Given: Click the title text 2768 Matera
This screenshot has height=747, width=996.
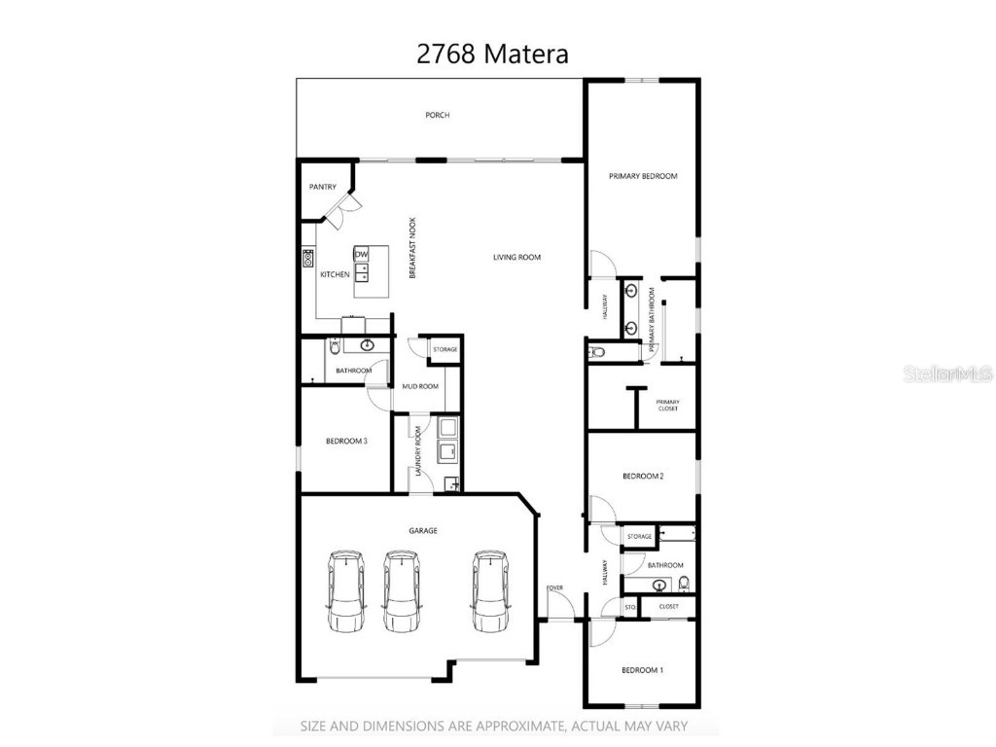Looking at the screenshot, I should [x=492, y=53].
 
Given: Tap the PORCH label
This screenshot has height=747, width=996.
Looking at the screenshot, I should [x=437, y=115].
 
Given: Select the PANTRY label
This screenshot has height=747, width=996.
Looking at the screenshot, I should [x=322, y=187].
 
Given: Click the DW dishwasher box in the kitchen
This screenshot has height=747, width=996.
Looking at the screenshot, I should [x=361, y=255].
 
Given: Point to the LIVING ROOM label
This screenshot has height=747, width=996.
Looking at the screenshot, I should [x=516, y=258].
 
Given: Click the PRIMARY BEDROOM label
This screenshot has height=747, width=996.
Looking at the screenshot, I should [x=642, y=176].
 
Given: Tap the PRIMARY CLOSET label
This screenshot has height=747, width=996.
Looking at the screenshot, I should [x=667, y=405].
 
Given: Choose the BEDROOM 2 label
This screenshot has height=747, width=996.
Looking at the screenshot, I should [x=643, y=476].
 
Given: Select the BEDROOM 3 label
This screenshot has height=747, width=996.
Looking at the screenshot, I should [x=345, y=441].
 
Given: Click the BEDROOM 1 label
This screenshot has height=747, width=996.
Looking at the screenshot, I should [x=642, y=670].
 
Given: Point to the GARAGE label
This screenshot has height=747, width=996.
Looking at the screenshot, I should [x=422, y=531].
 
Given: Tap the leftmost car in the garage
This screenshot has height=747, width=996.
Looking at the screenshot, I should [x=345, y=590].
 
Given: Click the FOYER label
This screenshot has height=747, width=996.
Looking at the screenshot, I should [x=554, y=587].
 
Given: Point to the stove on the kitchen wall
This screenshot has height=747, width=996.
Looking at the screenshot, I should [x=308, y=258].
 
